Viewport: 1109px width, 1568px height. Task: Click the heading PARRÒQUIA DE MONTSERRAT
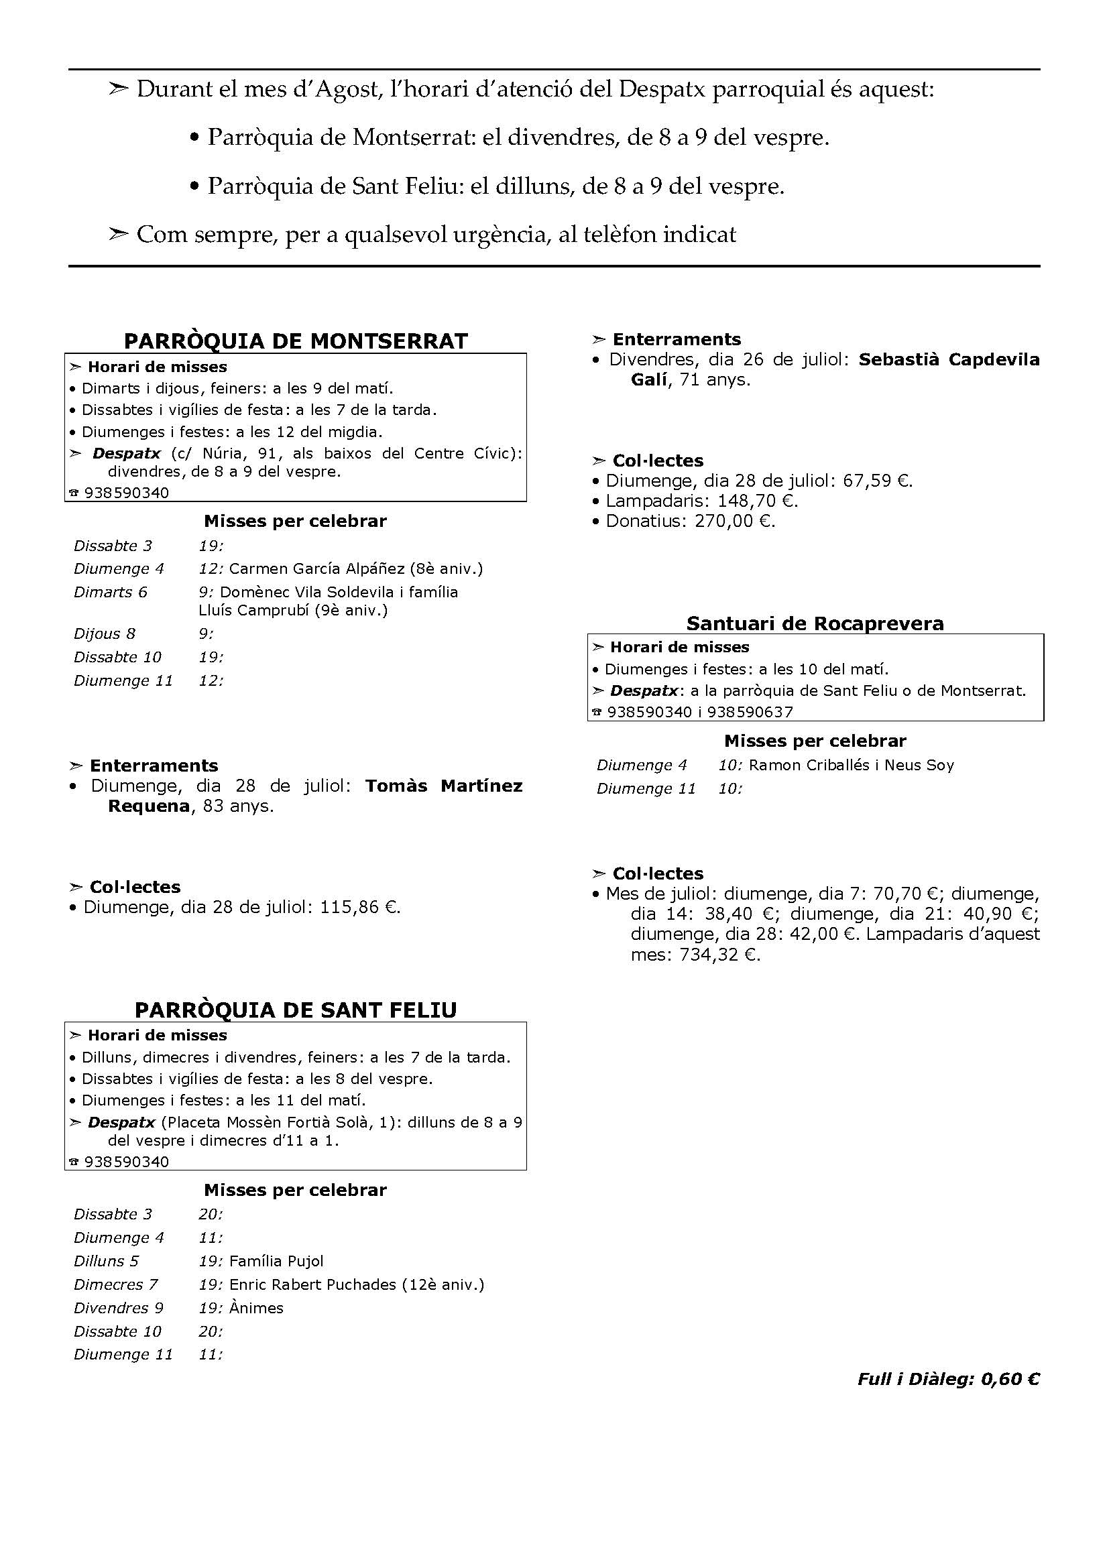(x=296, y=341)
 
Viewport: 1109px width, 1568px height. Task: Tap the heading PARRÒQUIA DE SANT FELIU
(x=296, y=1010)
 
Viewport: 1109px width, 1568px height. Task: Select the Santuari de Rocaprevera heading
(x=815, y=623)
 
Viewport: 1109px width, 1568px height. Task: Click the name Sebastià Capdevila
(x=949, y=359)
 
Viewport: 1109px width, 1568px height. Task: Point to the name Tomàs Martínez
(x=444, y=786)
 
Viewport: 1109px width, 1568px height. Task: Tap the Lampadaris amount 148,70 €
(x=757, y=501)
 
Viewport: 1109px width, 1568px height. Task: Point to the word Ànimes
(x=256, y=1308)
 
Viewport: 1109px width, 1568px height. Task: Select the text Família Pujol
(x=276, y=1262)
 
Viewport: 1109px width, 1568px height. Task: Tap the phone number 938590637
(x=750, y=713)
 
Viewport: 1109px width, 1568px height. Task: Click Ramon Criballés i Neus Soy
(x=851, y=765)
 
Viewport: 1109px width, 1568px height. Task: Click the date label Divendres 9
(x=118, y=1308)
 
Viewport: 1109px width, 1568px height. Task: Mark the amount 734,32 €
(x=719, y=955)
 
